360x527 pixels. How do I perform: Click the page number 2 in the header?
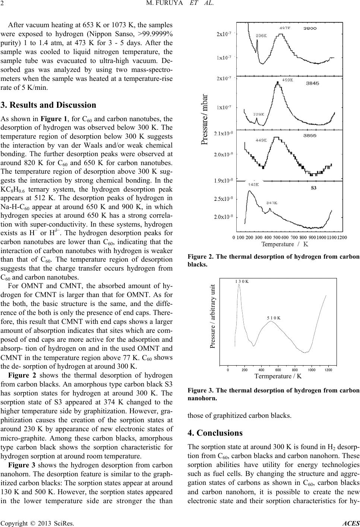click(2, 4)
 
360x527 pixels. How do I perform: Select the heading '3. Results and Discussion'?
click(48, 105)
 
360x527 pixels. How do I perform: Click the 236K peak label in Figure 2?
click(261, 36)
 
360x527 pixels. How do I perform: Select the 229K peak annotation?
click(259, 114)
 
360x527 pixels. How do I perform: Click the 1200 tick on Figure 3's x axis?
click(328, 370)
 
